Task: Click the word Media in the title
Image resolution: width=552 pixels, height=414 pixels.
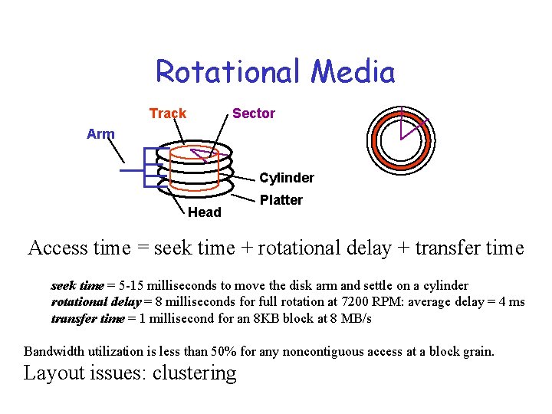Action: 353,72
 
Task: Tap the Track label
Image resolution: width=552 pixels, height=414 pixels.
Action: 168,113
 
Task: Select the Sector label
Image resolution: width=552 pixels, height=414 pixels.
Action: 254,113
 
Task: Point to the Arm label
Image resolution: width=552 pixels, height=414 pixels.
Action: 100,134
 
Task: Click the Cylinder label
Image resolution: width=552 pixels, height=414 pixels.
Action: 287,178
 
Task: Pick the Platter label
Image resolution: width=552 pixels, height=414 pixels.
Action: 281,200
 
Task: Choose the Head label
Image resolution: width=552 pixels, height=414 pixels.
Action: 205,212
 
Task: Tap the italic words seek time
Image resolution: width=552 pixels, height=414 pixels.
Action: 77,285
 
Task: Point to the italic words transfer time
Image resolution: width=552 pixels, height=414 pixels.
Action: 87,317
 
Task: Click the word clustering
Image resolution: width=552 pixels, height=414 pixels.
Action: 195,373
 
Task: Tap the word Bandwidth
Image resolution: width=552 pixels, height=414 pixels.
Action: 55,352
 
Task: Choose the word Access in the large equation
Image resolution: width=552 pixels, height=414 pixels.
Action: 58,248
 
